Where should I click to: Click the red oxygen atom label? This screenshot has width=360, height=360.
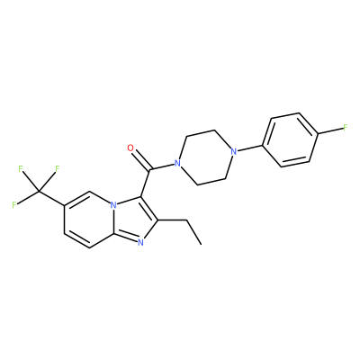point(130,148)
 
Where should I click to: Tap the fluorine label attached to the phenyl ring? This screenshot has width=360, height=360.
point(345,128)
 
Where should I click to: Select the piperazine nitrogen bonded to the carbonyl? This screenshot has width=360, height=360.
point(178,164)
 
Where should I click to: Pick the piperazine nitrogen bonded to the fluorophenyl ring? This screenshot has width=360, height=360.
point(233,151)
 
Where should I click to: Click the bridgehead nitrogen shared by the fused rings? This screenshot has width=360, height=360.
point(113,205)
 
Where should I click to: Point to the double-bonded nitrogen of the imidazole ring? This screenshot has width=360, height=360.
point(140,242)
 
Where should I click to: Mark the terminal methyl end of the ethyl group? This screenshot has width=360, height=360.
point(201,244)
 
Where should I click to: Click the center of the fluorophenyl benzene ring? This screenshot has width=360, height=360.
point(290,139)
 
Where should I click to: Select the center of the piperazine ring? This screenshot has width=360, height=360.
point(206,157)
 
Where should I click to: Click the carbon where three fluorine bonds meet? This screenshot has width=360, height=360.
point(39,191)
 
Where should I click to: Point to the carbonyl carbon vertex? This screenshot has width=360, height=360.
point(149,171)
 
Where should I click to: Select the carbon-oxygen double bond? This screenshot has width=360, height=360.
point(140,160)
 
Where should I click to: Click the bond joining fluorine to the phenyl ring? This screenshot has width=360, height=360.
point(330,130)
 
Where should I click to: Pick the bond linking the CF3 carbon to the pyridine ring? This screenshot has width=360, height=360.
point(51,198)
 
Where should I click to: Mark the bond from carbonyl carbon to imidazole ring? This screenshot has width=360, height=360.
point(146,184)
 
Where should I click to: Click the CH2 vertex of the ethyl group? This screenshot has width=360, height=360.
point(187,220)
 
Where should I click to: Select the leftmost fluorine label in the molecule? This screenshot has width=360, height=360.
point(14,205)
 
